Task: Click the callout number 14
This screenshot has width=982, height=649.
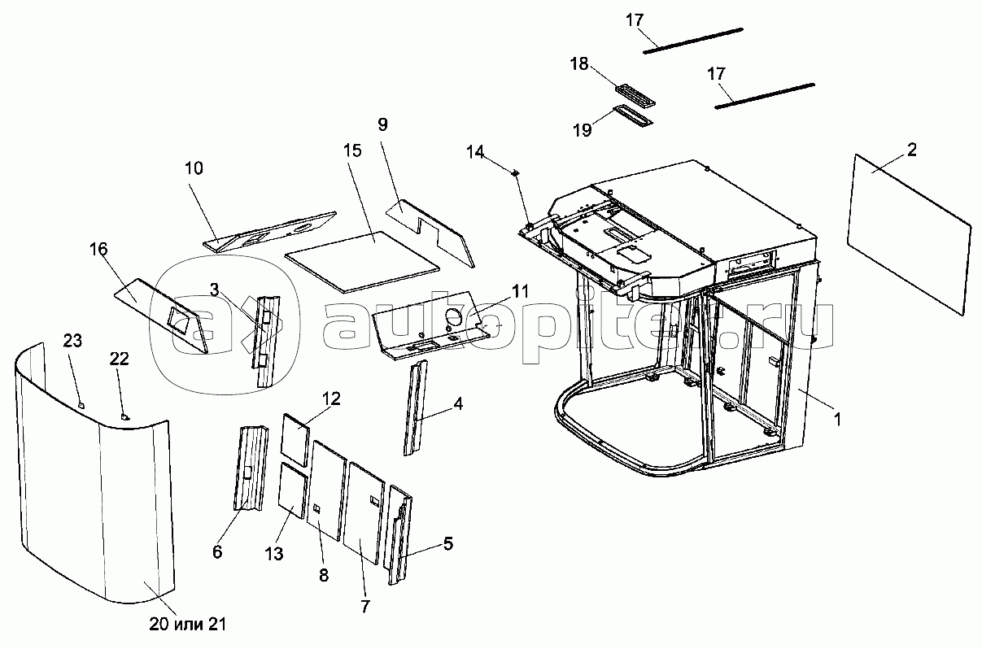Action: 475,152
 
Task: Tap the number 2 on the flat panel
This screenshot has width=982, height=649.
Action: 911,150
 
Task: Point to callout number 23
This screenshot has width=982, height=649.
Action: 72,341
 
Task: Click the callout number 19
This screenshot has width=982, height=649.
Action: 583,130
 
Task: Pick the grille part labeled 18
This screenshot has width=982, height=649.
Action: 635,95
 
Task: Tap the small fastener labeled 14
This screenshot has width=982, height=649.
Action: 515,172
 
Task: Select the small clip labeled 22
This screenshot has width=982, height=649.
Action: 126,416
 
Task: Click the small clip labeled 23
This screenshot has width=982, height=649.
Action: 81,405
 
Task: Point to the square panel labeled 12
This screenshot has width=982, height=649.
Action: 295,440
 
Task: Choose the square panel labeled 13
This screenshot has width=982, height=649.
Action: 292,490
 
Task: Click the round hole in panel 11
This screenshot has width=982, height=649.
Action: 454,316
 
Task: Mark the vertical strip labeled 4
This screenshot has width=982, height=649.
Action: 415,407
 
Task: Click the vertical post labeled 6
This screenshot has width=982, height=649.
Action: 251,468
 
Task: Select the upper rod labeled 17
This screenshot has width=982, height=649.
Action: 693,41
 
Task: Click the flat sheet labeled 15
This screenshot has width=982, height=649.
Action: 362,262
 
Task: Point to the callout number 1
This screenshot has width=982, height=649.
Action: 837,420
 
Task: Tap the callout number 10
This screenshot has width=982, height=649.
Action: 194,168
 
